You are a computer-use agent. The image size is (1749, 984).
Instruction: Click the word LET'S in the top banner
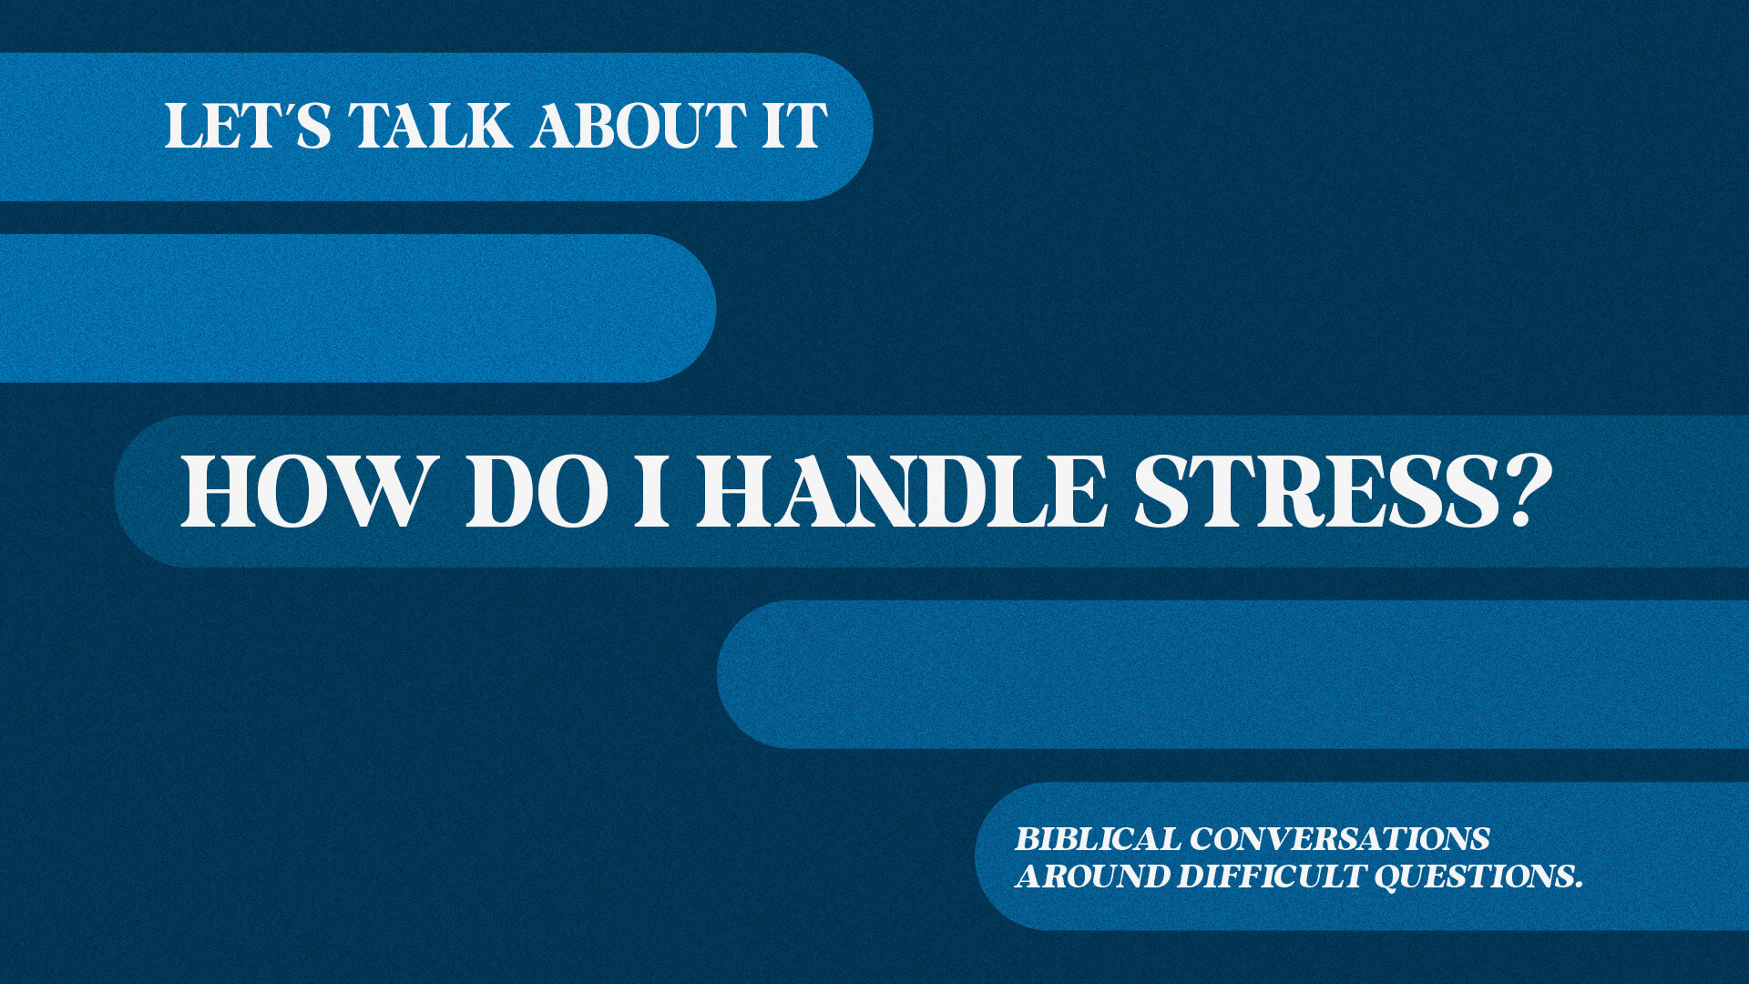tap(248, 126)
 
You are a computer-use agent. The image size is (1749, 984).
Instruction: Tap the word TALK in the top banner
tap(431, 126)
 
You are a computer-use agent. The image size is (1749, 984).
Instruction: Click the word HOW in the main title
tap(304, 491)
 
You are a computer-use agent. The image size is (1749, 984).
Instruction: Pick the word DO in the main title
tap(537, 491)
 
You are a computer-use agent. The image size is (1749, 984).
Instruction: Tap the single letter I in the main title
tap(652, 491)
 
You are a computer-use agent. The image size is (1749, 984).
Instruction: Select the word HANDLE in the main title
tap(902, 491)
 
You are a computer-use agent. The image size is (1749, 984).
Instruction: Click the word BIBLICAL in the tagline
tap(1098, 838)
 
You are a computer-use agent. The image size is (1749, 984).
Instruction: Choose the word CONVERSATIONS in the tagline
tap(1339, 838)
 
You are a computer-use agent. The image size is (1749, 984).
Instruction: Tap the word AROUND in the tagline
tap(1092, 876)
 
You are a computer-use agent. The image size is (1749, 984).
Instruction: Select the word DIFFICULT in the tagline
tap(1272, 876)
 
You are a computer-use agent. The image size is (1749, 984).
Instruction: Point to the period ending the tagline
tap(1578, 886)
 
